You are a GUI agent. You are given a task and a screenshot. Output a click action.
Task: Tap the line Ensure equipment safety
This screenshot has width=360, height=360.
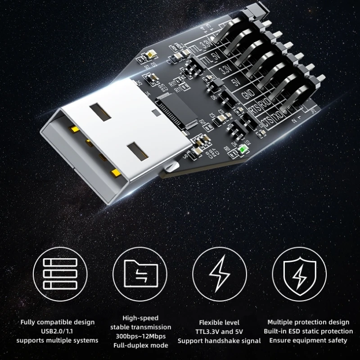(x=308, y=340)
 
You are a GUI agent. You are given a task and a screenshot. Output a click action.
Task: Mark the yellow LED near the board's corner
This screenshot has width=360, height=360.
(x=149, y=56)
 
